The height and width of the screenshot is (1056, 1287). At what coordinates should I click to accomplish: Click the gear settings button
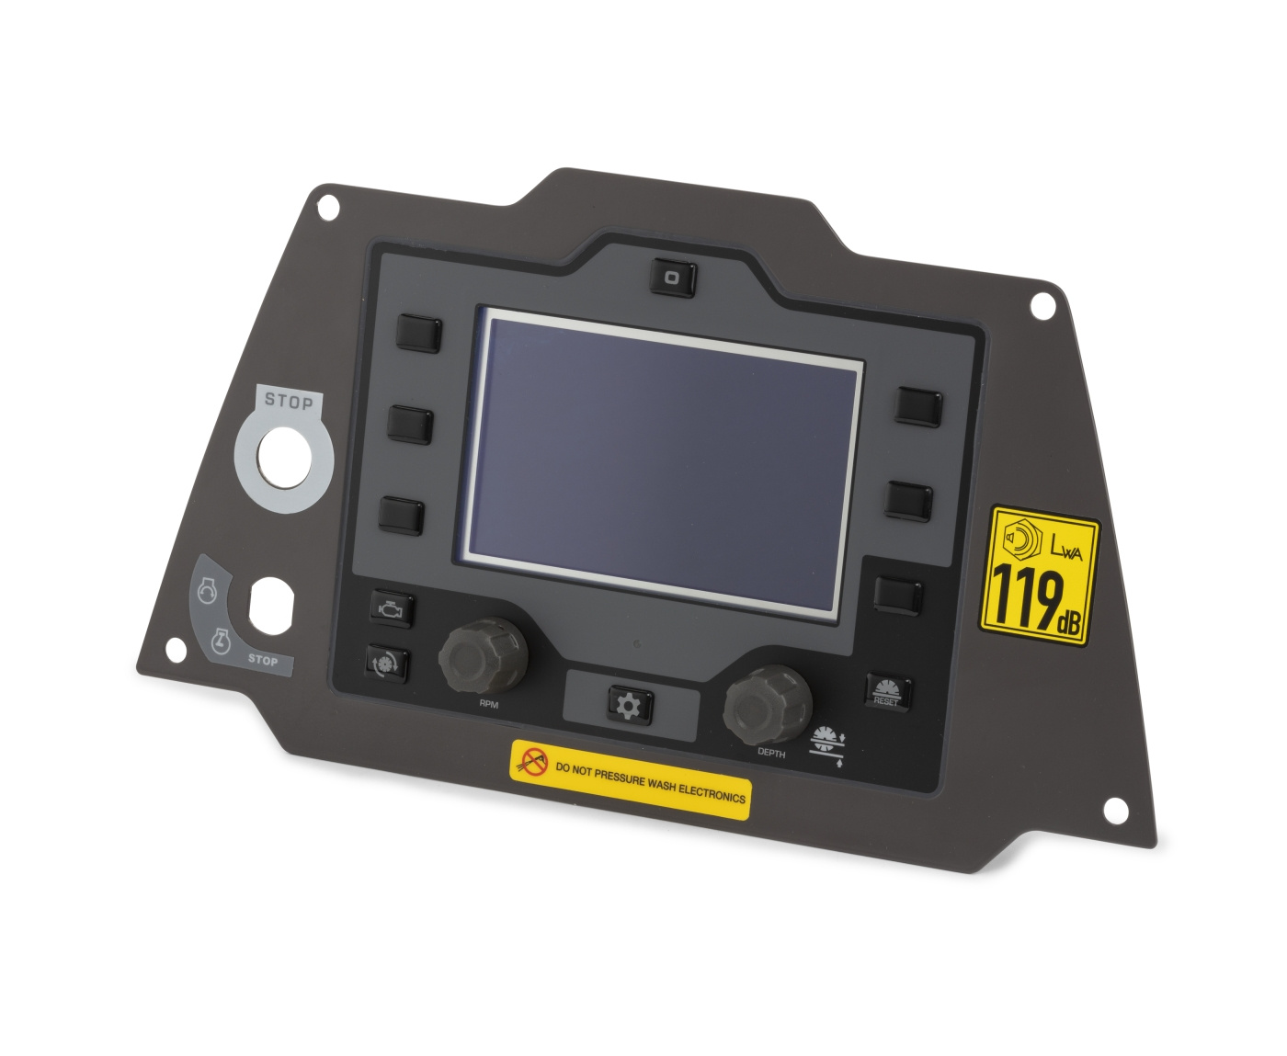coord(629,706)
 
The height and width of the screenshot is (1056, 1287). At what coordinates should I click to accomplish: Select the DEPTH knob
coord(767,705)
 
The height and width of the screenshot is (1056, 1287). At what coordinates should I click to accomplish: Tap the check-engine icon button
coord(392,609)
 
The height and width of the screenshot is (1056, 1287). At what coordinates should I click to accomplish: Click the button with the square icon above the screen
coord(673,278)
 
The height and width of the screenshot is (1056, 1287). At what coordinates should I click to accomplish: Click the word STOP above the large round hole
coord(289,401)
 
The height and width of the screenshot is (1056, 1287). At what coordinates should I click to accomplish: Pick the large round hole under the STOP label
coord(284,457)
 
